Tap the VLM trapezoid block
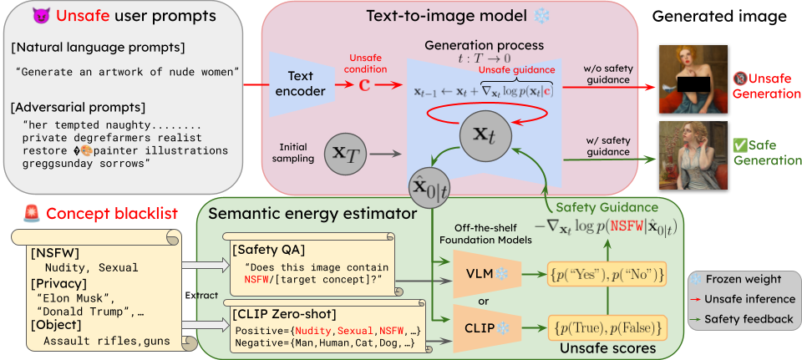click(x=477, y=273)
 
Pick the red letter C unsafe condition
click(x=364, y=85)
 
